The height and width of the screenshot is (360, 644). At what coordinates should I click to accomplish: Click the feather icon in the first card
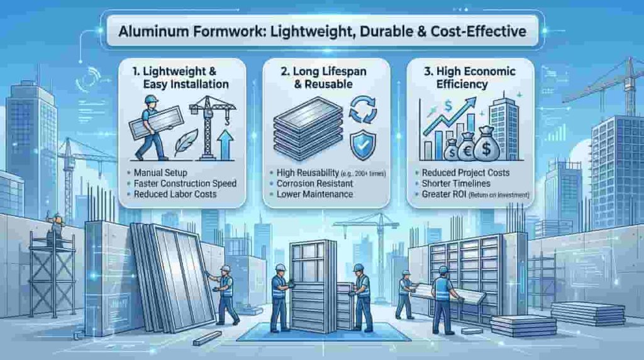(x=186, y=142)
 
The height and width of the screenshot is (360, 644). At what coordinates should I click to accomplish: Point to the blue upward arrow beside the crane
(x=225, y=145)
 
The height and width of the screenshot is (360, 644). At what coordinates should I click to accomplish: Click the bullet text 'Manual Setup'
(x=160, y=172)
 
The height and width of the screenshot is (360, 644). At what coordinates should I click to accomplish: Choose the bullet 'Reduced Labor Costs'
(x=175, y=194)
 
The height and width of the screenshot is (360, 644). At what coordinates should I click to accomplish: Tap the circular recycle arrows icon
(x=362, y=110)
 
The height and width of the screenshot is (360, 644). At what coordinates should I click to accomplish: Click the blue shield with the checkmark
(x=363, y=145)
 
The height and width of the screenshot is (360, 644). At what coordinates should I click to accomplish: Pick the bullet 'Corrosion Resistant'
(x=314, y=184)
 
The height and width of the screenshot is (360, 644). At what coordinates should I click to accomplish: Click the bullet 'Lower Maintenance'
(x=314, y=194)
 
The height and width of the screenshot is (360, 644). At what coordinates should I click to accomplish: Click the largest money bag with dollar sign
(x=487, y=144)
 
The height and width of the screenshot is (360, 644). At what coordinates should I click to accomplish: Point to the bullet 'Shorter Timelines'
(x=456, y=184)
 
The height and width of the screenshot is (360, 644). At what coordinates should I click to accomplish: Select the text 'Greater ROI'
(x=444, y=194)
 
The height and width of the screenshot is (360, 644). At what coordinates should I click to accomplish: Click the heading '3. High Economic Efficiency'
(x=469, y=77)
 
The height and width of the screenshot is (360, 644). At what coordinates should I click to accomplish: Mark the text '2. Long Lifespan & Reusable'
(x=323, y=77)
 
